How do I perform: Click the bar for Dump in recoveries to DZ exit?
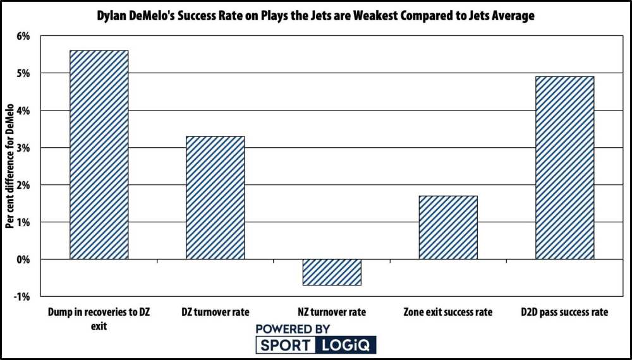click(x=99, y=155)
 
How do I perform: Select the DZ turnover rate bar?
click(x=216, y=198)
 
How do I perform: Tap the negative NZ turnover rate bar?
click(x=332, y=272)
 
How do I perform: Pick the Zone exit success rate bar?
click(x=448, y=227)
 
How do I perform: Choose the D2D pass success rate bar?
click(x=564, y=168)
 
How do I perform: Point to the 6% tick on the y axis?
click(x=23, y=36)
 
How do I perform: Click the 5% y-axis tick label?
click(x=23, y=73)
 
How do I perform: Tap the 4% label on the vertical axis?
click(x=23, y=111)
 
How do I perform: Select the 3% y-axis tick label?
click(x=23, y=148)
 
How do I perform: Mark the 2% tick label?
click(x=23, y=185)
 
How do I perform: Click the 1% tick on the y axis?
click(x=23, y=222)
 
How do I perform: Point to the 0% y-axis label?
click(x=23, y=260)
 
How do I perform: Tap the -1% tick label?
click(x=22, y=297)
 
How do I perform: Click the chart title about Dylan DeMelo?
click(x=316, y=16)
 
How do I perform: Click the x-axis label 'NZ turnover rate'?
click(x=332, y=312)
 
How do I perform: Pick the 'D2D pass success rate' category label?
click(x=564, y=312)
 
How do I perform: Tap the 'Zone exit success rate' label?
click(x=448, y=312)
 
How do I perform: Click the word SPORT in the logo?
click(x=284, y=345)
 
